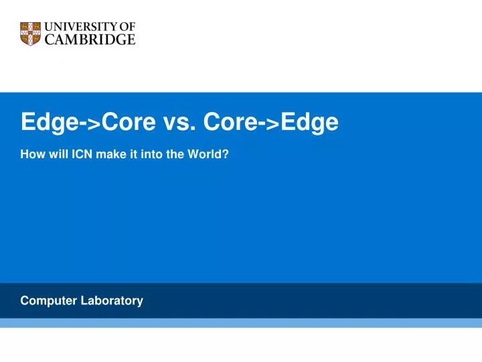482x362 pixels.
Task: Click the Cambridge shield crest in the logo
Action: tap(31, 33)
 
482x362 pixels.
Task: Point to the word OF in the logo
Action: tap(127, 27)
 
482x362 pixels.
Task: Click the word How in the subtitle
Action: tap(31, 154)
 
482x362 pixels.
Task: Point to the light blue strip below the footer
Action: tap(241, 323)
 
